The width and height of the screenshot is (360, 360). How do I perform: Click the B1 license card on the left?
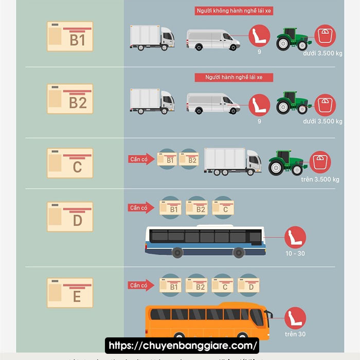pos(70,36)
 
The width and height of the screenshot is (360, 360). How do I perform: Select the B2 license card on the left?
pos(70,99)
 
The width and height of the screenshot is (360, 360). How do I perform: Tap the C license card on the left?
pos(70,163)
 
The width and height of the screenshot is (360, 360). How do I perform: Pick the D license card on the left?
pos(70,217)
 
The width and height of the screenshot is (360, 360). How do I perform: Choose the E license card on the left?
pos(70,293)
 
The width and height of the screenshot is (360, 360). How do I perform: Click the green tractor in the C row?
pos(286,162)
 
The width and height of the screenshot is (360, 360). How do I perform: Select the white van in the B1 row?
pos(213,39)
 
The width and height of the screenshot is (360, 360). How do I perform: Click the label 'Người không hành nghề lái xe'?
pos(234,11)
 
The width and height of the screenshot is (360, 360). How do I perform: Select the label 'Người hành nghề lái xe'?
pos(234,77)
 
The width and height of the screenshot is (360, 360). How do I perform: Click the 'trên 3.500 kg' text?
pos(320,179)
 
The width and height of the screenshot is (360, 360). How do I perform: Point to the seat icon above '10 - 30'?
pos(295,238)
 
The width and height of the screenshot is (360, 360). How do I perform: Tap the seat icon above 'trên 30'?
pos(295,318)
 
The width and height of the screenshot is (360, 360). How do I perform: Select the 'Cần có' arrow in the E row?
pos(140,285)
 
